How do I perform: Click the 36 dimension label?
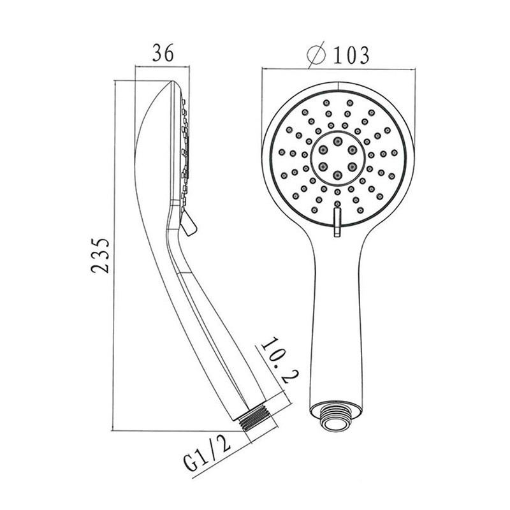point(163,53)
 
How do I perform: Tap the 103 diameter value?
point(351,55)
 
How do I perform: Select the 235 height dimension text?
point(100,256)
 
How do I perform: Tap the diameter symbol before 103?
point(316,54)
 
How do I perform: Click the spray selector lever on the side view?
point(188,222)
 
